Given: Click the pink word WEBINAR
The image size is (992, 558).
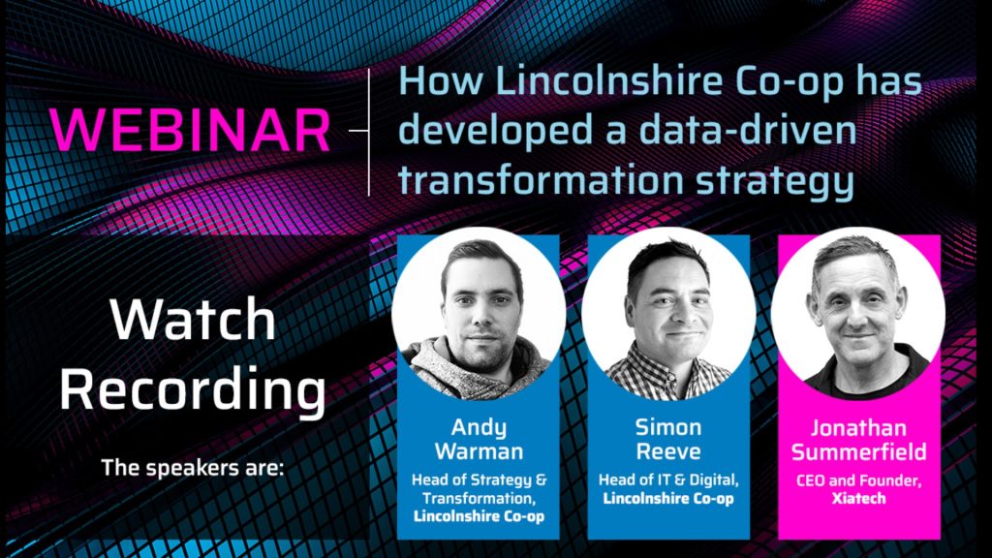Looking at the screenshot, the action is [x=190, y=130].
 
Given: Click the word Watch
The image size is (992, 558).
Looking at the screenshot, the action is [x=193, y=320].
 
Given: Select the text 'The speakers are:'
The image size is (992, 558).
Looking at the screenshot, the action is [x=193, y=468].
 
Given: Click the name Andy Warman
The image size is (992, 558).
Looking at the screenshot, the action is [x=479, y=440].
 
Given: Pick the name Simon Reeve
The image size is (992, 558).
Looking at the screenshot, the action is [x=668, y=440].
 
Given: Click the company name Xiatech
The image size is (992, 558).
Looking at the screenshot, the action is [x=858, y=499].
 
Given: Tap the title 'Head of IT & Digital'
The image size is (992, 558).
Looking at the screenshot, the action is [x=668, y=480].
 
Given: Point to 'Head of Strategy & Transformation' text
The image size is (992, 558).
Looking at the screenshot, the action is [x=479, y=489].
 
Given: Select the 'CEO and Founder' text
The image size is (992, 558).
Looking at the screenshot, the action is [x=858, y=480].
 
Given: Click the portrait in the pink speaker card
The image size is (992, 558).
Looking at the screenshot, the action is [x=858, y=313].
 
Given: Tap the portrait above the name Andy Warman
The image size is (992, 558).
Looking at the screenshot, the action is [x=479, y=313].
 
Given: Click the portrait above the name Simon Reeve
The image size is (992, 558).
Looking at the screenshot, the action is [x=668, y=313].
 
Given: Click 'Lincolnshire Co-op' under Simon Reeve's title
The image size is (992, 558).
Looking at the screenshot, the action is [x=668, y=499].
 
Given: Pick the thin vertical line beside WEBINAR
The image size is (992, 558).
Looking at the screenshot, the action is [x=369, y=132].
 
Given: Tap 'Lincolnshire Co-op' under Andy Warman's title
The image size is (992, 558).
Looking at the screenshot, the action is [x=479, y=516].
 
